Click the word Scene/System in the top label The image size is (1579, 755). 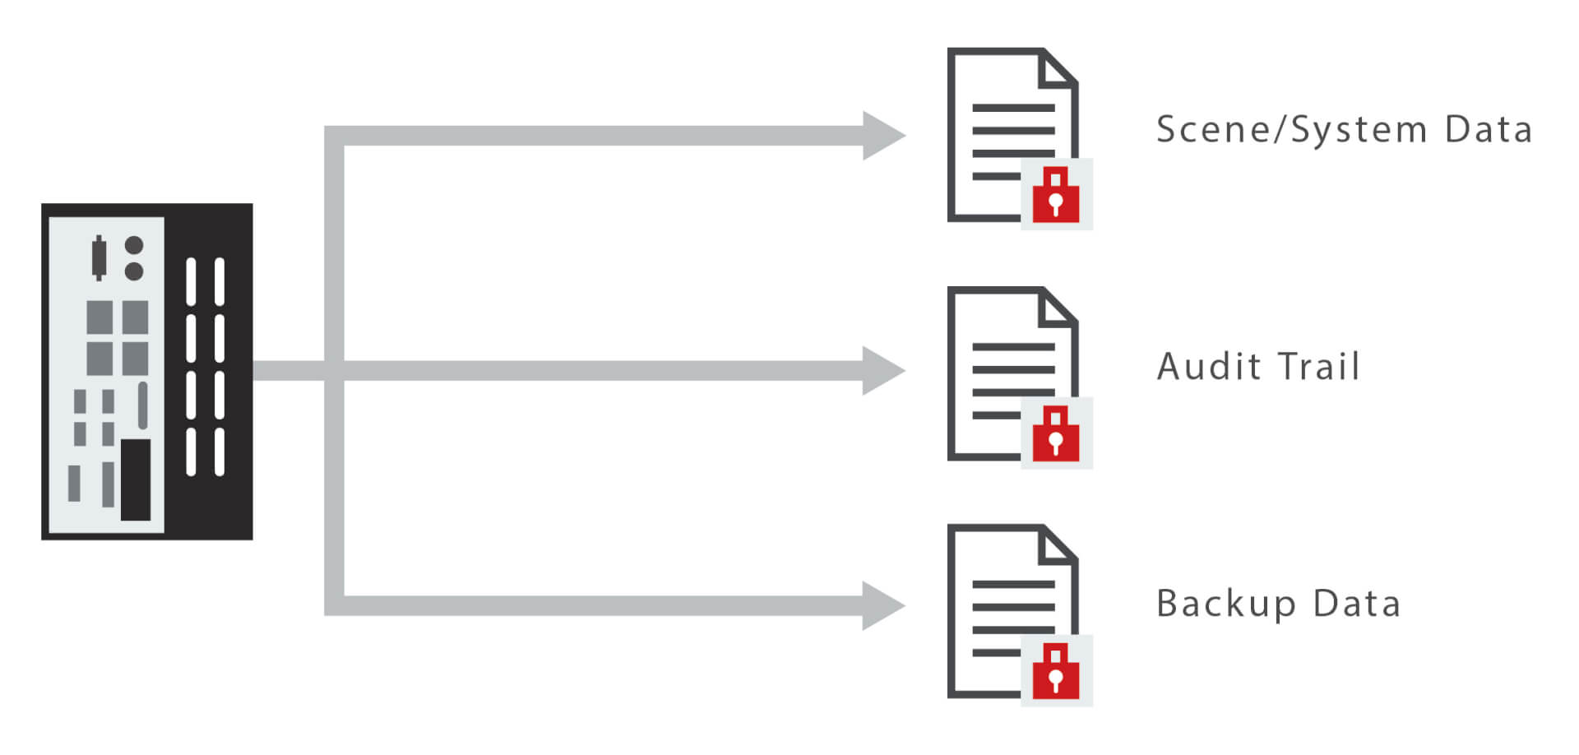pyautogui.click(x=1292, y=130)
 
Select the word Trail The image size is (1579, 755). pyautogui.click(x=1319, y=367)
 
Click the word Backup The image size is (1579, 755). pyautogui.click(x=1226, y=604)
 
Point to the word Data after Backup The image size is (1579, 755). pyautogui.click(x=1357, y=604)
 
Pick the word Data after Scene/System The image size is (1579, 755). pyautogui.click(x=1489, y=130)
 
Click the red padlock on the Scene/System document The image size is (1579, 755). pyautogui.click(x=1056, y=195)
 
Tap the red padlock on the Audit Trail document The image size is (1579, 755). pyautogui.click(x=1056, y=433)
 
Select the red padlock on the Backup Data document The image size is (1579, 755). pyautogui.click(x=1056, y=671)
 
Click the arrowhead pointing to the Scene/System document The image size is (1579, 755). pyautogui.click(x=882, y=136)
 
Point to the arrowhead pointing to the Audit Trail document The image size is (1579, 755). pyautogui.click(x=882, y=370)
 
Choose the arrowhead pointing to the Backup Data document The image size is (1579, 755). pyautogui.click(x=882, y=606)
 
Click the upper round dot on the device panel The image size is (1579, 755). pyautogui.click(x=134, y=246)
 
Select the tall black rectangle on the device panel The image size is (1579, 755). pyautogui.click(x=136, y=479)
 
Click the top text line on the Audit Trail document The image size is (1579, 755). pyautogui.click(x=1013, y=347)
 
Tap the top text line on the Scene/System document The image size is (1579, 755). pyautogui.click(x=1013, y=108)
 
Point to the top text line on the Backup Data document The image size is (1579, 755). pyautogui.click(x=1013, y=585)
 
